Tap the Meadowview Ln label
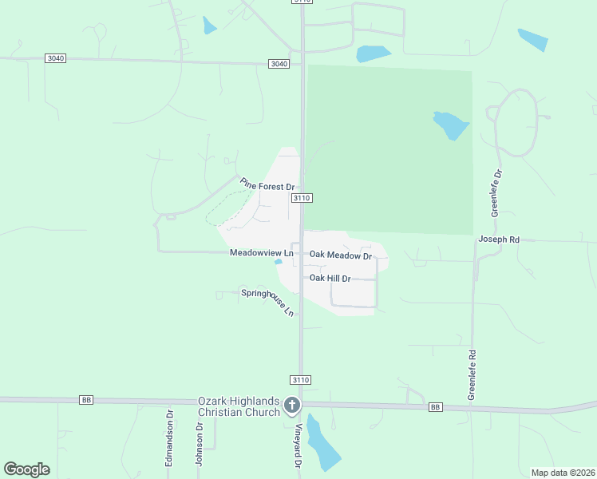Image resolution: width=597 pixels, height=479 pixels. coord(262,252)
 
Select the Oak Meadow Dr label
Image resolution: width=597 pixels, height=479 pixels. coord(341,255)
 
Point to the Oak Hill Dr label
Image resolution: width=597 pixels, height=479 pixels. coord(330,278)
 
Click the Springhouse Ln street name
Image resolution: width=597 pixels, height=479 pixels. coord(268,302)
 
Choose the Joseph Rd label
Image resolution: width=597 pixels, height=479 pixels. coord(499,239)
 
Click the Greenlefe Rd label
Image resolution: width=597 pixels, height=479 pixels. coord(472,374)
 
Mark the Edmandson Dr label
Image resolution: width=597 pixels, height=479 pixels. coord(169,438)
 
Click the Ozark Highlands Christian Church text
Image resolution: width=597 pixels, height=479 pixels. coord(239,406)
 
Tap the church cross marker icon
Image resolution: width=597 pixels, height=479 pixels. coord(292,406)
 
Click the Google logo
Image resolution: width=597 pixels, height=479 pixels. coord(26,469)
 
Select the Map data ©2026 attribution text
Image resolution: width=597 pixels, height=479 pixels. coord(563,473)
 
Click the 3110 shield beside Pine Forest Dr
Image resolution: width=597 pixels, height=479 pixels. coord(301,197)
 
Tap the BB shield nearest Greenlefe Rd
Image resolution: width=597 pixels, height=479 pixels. coord(435,407)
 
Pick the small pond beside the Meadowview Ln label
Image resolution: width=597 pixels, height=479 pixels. coord(278,261)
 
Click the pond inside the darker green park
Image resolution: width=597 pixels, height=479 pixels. coord(450,125)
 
